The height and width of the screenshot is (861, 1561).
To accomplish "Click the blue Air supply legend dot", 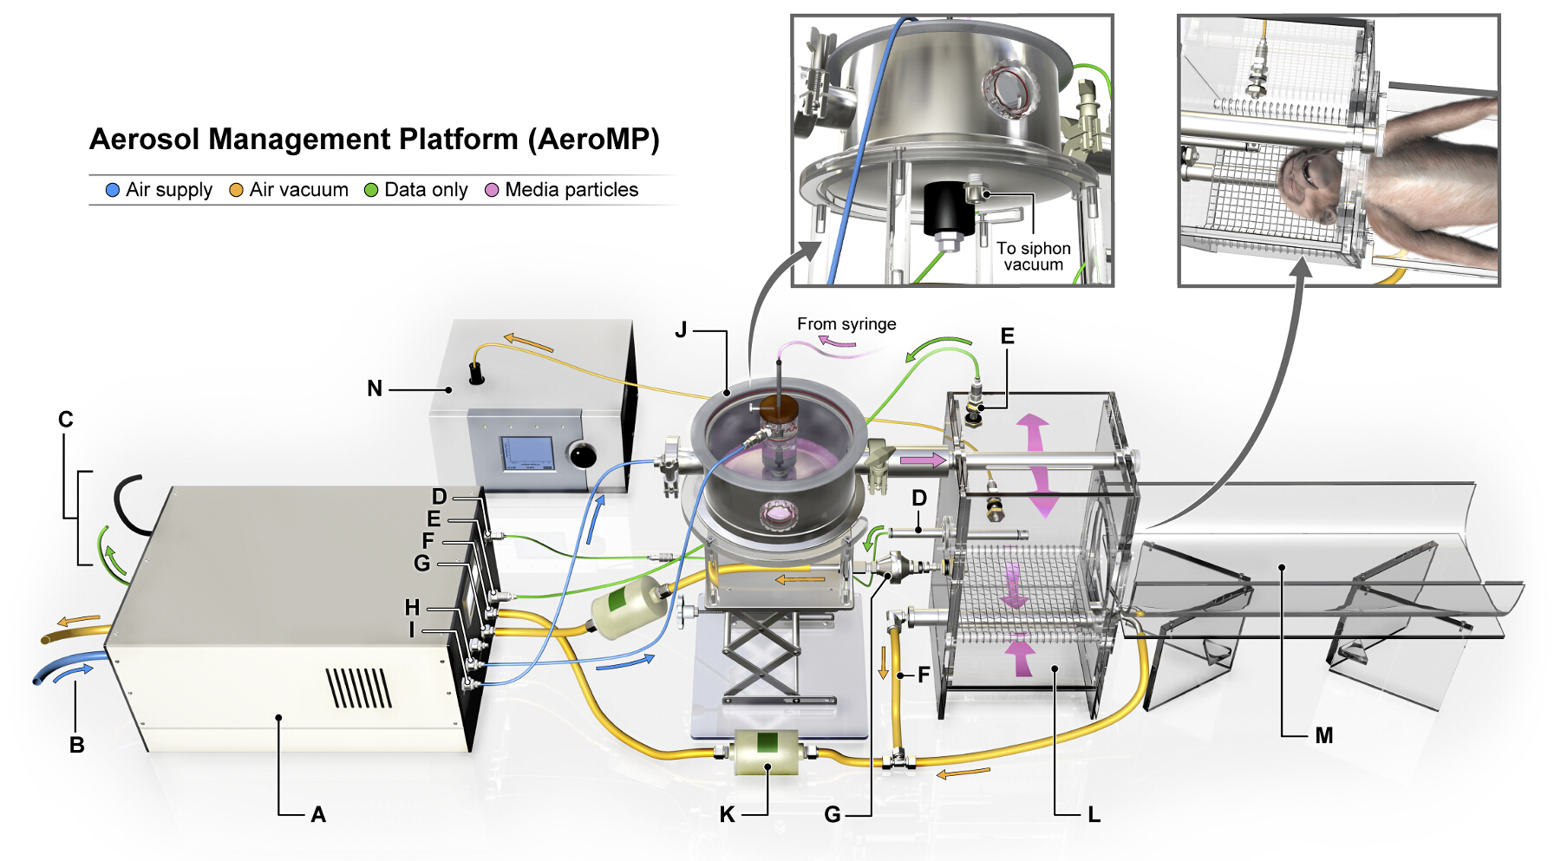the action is pos(112,190).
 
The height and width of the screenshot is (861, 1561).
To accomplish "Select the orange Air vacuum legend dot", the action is pos(236,190).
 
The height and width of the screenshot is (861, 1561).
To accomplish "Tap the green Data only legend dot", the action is pos(371,190).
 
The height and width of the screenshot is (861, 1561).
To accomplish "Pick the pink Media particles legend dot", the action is pos(492,190).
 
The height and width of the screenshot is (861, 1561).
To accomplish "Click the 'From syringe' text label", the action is pos(846,324).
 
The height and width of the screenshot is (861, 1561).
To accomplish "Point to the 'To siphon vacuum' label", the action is pos(1033,257).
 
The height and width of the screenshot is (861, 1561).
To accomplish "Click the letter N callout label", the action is pos(375,388).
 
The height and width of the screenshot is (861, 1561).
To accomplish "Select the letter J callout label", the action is pos(681,330).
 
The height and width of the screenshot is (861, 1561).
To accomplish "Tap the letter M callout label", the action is pos(1323,736).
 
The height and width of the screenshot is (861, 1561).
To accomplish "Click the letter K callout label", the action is pos(727,814).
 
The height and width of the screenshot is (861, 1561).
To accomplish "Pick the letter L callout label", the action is pos(1094,814).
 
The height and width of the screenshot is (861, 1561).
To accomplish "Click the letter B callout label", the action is pos(76,745).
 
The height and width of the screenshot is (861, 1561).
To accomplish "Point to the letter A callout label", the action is pos(318,814).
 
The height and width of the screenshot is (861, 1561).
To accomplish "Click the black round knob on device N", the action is pos(581,453).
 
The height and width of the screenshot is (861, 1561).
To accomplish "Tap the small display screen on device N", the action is pos(528,453).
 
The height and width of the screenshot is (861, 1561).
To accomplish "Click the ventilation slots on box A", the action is pos(359,688).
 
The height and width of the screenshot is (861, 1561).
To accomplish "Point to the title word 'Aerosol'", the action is pos(145,139).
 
